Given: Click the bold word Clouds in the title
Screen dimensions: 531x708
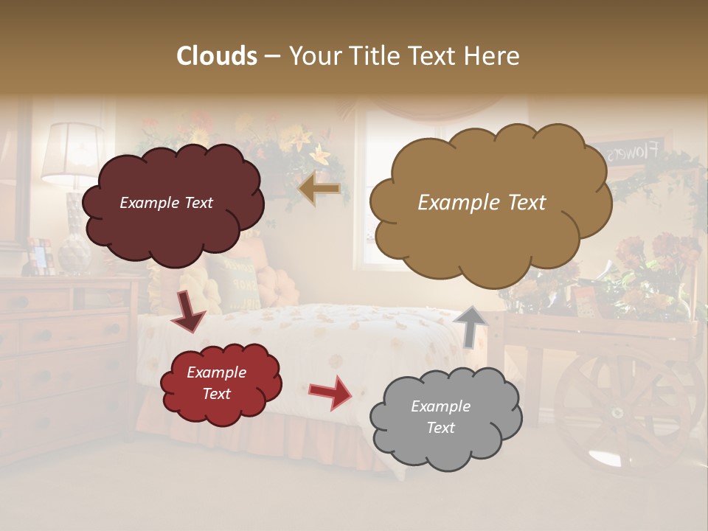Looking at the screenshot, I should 217,56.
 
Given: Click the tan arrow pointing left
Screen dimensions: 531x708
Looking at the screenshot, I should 319,190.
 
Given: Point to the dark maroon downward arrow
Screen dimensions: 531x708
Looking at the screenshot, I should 188,312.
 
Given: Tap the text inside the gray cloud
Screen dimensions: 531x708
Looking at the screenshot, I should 440,417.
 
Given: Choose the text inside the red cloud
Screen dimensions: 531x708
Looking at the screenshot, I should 216,383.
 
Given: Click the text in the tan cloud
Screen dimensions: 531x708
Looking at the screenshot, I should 482,203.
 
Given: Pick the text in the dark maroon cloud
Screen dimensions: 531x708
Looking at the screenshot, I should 166,203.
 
